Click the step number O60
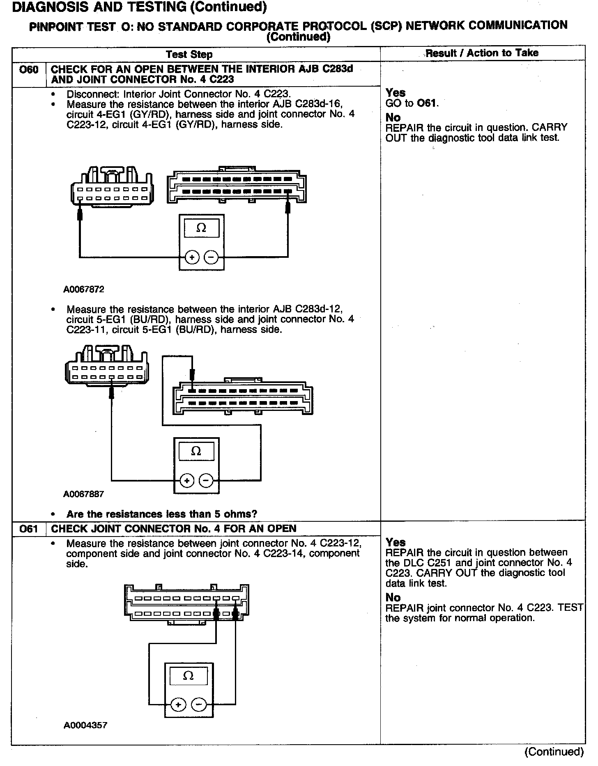29,70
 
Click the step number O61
29,529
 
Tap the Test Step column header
189,54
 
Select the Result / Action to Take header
482,53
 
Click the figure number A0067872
84,289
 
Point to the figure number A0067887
84,494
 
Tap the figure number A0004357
85,725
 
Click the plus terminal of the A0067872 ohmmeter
192,257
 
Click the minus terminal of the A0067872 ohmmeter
211,257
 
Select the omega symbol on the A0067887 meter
196,452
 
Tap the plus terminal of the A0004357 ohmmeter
178,705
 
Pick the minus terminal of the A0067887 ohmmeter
206,480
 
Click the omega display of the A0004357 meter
189,676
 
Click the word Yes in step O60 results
396,93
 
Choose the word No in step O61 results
393,598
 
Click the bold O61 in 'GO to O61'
427,103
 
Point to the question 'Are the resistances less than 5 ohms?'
162,514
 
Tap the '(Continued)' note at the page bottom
554,751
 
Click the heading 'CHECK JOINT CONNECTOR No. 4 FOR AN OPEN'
174,529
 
